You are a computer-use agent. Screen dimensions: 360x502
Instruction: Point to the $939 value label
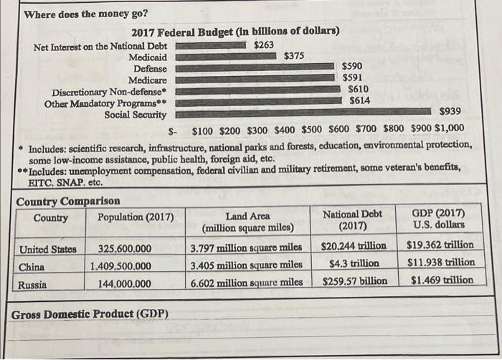click(x=450, y=112)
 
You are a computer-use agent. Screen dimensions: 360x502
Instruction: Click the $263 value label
click(x=264, y=45)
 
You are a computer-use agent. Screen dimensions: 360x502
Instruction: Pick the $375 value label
click(x=294, y=56)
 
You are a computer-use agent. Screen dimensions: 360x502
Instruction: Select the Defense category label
click(x=151, y=68)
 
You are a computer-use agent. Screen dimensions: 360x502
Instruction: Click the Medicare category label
click(x=148, y=80)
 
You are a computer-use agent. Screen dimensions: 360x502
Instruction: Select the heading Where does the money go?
click(x=86, y=13)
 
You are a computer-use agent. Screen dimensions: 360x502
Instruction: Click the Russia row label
click(x=32, y=284)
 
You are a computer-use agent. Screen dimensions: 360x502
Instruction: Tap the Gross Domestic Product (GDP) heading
click(x=90, y=314)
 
